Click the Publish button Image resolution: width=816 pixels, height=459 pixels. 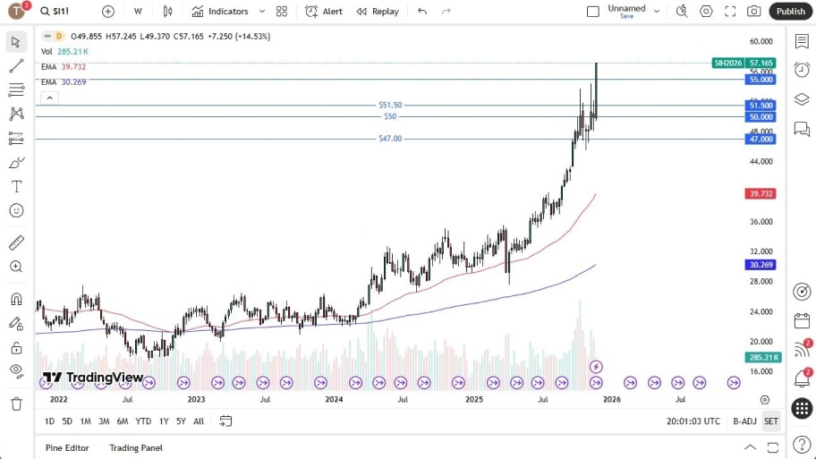point(790,12)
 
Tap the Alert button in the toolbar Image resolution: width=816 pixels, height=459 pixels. point(324,12)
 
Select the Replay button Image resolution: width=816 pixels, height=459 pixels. point(378,12)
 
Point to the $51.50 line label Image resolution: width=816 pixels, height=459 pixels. point(390,105)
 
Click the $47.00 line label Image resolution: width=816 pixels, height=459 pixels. point(390,139)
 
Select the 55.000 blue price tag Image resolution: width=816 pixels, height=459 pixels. point(761,80)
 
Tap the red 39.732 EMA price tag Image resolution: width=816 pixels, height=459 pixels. point(761,193)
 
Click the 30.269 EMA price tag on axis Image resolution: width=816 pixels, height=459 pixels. point(761,265)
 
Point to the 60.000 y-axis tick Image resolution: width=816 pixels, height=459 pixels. point(761,41)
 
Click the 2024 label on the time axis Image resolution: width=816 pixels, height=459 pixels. point(334,399)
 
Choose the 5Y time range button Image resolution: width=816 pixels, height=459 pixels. point(181,421)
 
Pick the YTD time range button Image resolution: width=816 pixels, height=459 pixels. point(143,421)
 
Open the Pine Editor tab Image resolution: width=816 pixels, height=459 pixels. point(67,447)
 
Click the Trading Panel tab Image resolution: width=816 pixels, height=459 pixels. point(136,447)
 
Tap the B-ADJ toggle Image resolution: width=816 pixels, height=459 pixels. point(744,421)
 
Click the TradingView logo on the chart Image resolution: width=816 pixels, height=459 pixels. point(93,378)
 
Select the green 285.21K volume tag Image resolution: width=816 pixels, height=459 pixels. point(761,357)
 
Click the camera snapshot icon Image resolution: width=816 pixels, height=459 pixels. point(754,12)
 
